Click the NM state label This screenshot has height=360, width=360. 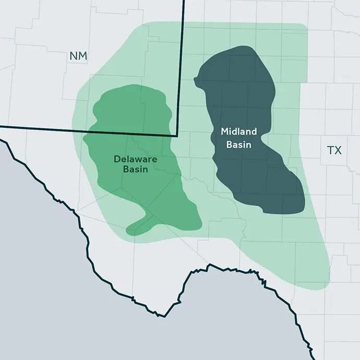coord(78,56)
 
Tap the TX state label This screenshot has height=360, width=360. coord(334,150)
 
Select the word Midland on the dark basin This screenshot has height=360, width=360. coord(238,132)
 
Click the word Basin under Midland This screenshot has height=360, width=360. coord(238,145)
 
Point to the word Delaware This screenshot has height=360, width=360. coord(135,159)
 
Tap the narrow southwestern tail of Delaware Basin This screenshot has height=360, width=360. coord(137,227)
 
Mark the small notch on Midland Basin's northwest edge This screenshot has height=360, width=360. coord(196,80)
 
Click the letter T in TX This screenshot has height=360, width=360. coord(330,150)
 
